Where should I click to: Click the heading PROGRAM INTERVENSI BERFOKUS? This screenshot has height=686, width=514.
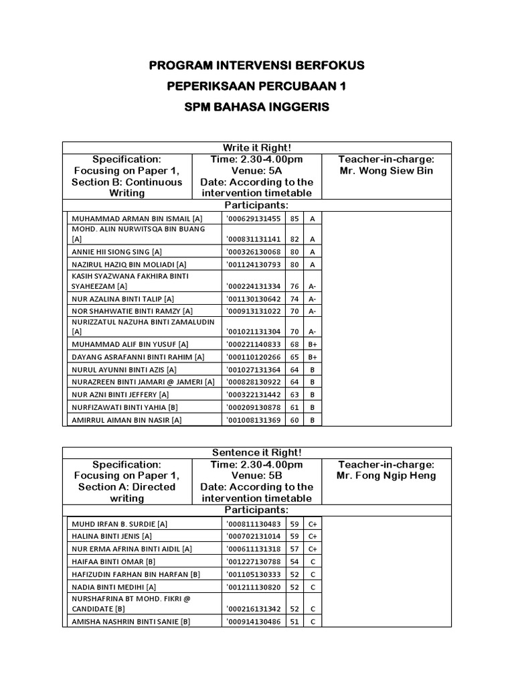257,66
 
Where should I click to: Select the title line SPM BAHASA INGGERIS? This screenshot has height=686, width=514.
257,107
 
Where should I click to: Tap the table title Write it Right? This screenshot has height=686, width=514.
257,147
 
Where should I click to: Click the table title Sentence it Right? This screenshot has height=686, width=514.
257,453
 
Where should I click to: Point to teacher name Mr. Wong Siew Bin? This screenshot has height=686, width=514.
387,170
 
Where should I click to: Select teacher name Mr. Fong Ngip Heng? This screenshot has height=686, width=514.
387,476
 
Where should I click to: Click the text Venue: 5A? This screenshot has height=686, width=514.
256,170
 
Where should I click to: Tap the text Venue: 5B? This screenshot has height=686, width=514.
256,476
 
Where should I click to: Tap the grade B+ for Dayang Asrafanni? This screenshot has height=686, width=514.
313,357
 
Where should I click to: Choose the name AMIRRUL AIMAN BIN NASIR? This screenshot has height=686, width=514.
126,420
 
